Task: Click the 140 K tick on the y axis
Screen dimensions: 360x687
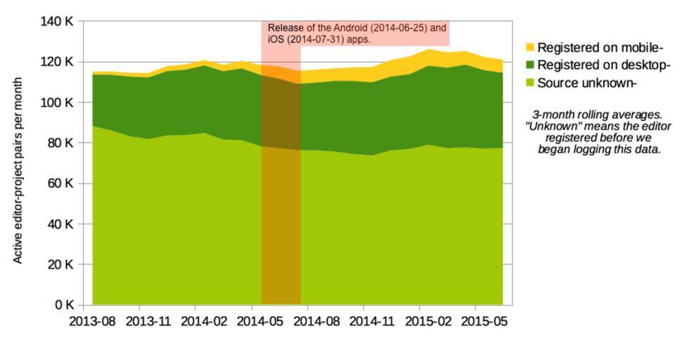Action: [58, 21]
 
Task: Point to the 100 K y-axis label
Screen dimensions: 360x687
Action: [58, 103]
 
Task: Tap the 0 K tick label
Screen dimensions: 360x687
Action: [65, 305]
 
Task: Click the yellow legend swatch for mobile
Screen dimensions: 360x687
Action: [530, 48]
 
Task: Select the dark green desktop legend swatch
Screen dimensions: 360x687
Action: [530, 65]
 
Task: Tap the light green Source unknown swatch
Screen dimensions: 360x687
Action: [530, 83]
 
